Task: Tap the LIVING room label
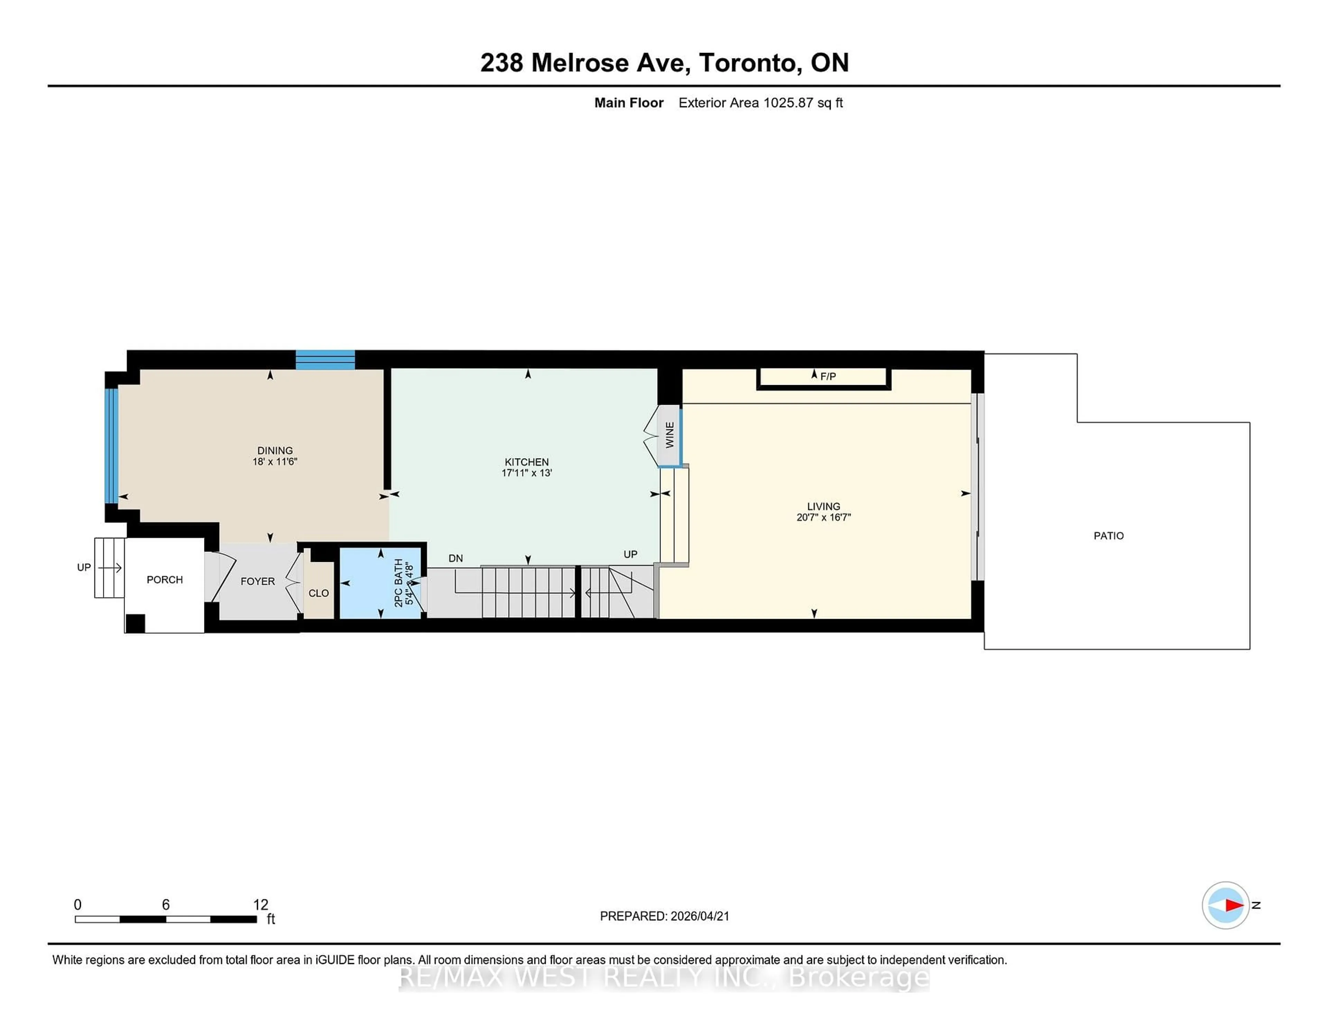click(x=823, y=506)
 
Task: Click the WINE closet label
click(x=670, y=435)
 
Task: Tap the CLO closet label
click(x=319, y=593)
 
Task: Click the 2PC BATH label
click(x=399, y=583)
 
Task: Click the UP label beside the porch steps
click(x=84, y=567)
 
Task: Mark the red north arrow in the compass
click(x=1234, y=905)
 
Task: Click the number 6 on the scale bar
click(x=165, y=905)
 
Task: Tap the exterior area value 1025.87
click(x=788, y=103)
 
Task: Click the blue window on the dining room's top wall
click(x=325, y=360)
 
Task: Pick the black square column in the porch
click(x=135, y=624)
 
